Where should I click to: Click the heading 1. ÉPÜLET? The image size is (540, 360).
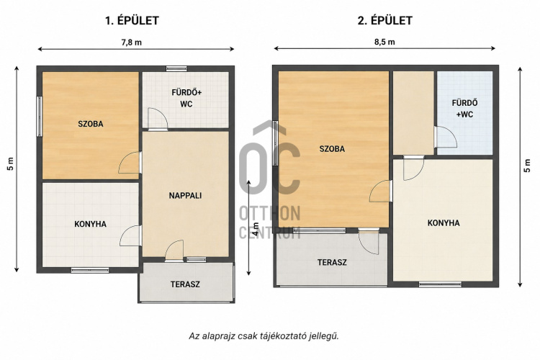pos(132,21)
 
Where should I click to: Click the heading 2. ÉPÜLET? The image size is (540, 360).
pos(384,21)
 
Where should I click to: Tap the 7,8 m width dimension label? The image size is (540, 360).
pos(131,42)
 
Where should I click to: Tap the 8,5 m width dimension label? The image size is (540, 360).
pos(384,42)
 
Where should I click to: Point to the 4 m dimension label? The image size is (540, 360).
pos(256,229)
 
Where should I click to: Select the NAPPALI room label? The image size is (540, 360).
pos(185,196)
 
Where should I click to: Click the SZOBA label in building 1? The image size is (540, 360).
pos(91,124)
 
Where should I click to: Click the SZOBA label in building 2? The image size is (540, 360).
pos(332,149)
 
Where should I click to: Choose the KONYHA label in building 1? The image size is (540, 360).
pos(91,224)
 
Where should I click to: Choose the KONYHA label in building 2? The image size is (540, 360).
pos(444,223)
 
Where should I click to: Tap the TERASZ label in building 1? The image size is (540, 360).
pos(185,284)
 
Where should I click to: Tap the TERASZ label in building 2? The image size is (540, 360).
pos(332,263)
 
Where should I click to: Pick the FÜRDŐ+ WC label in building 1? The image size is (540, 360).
pos(186,98)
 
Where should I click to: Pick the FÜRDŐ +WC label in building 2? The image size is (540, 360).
pos(464,109)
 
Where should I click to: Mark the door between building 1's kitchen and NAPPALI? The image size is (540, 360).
pos(130,235)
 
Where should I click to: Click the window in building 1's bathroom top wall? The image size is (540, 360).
pos(176,68)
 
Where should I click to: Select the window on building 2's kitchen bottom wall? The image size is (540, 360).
pos(440,284)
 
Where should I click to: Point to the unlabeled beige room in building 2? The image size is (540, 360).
pos(413,113)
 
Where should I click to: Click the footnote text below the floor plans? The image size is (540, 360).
pos(264,336)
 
